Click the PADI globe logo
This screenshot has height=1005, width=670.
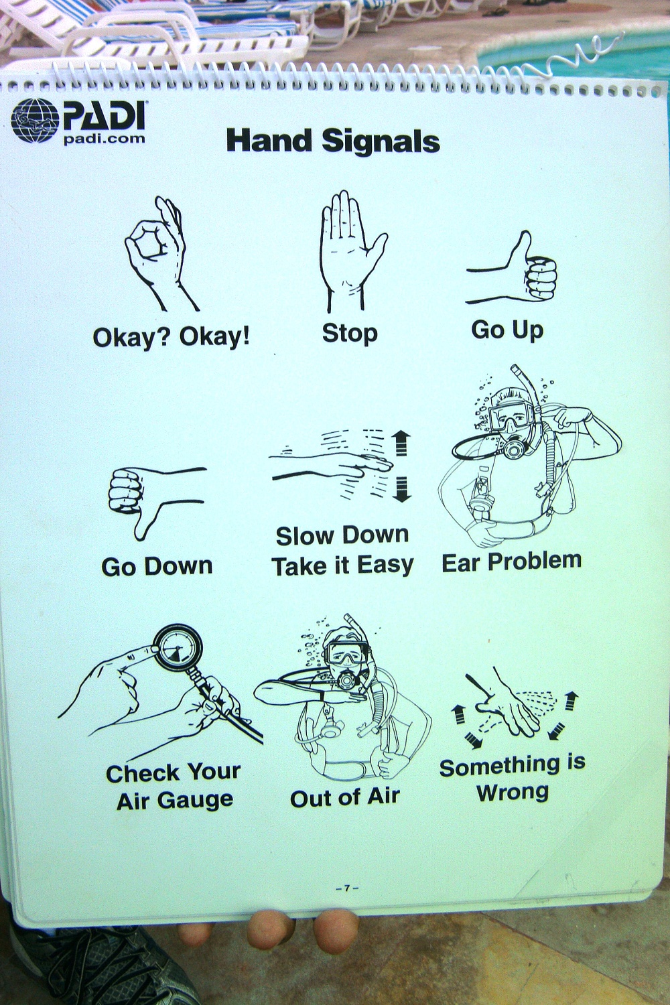[x=35, y=121]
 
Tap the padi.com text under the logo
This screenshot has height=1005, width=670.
[x=104, y=138]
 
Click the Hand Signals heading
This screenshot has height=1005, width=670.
[x=333, y=141]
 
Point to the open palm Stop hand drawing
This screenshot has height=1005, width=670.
[x=351, y=251]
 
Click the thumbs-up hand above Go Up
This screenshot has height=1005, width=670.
[x=513, y=270]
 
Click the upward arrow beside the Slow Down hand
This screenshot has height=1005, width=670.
[x=401, y=442]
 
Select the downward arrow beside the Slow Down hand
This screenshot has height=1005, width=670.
[x=401, y=490]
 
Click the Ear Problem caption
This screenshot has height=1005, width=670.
[x=512, y=562]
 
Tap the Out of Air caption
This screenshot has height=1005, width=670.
[x=344, y=797]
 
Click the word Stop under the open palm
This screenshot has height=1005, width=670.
[x=350, y=334]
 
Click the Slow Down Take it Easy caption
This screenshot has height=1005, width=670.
[x=343, y=551]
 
